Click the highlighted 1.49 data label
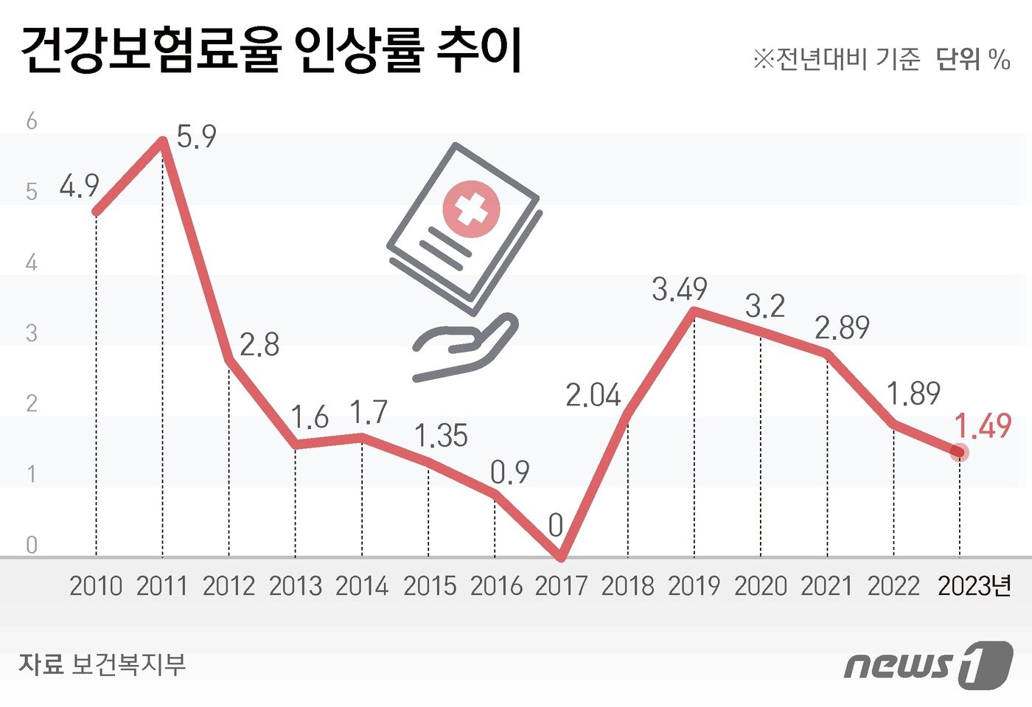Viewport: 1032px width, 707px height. click(983, 426)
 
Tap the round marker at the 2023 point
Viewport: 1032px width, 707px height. click(959, 452)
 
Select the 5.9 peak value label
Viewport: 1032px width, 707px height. click(197, 137)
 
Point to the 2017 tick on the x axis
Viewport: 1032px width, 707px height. click(561, 586)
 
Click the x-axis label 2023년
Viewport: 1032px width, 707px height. click(975, 586)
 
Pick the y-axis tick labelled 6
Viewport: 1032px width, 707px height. click(31, 122)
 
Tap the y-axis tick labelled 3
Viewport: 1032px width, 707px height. click(31, 333)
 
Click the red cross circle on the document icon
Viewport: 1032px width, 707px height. click(471, 209)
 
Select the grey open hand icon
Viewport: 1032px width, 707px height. click(464, 346)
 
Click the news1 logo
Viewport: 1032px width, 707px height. click(928, 665)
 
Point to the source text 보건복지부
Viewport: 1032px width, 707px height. click(128, 664)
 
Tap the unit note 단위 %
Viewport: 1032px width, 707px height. click(972, 59)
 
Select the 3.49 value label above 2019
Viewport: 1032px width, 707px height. click(679, 289)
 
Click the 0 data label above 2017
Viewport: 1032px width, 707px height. click(556, 526)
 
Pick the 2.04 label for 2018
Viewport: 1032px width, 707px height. click(593, 396)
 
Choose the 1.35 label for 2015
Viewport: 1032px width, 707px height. click(441, 436)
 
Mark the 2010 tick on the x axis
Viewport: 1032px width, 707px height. click(96, 586)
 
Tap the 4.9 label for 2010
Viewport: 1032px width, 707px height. click(80, 187)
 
